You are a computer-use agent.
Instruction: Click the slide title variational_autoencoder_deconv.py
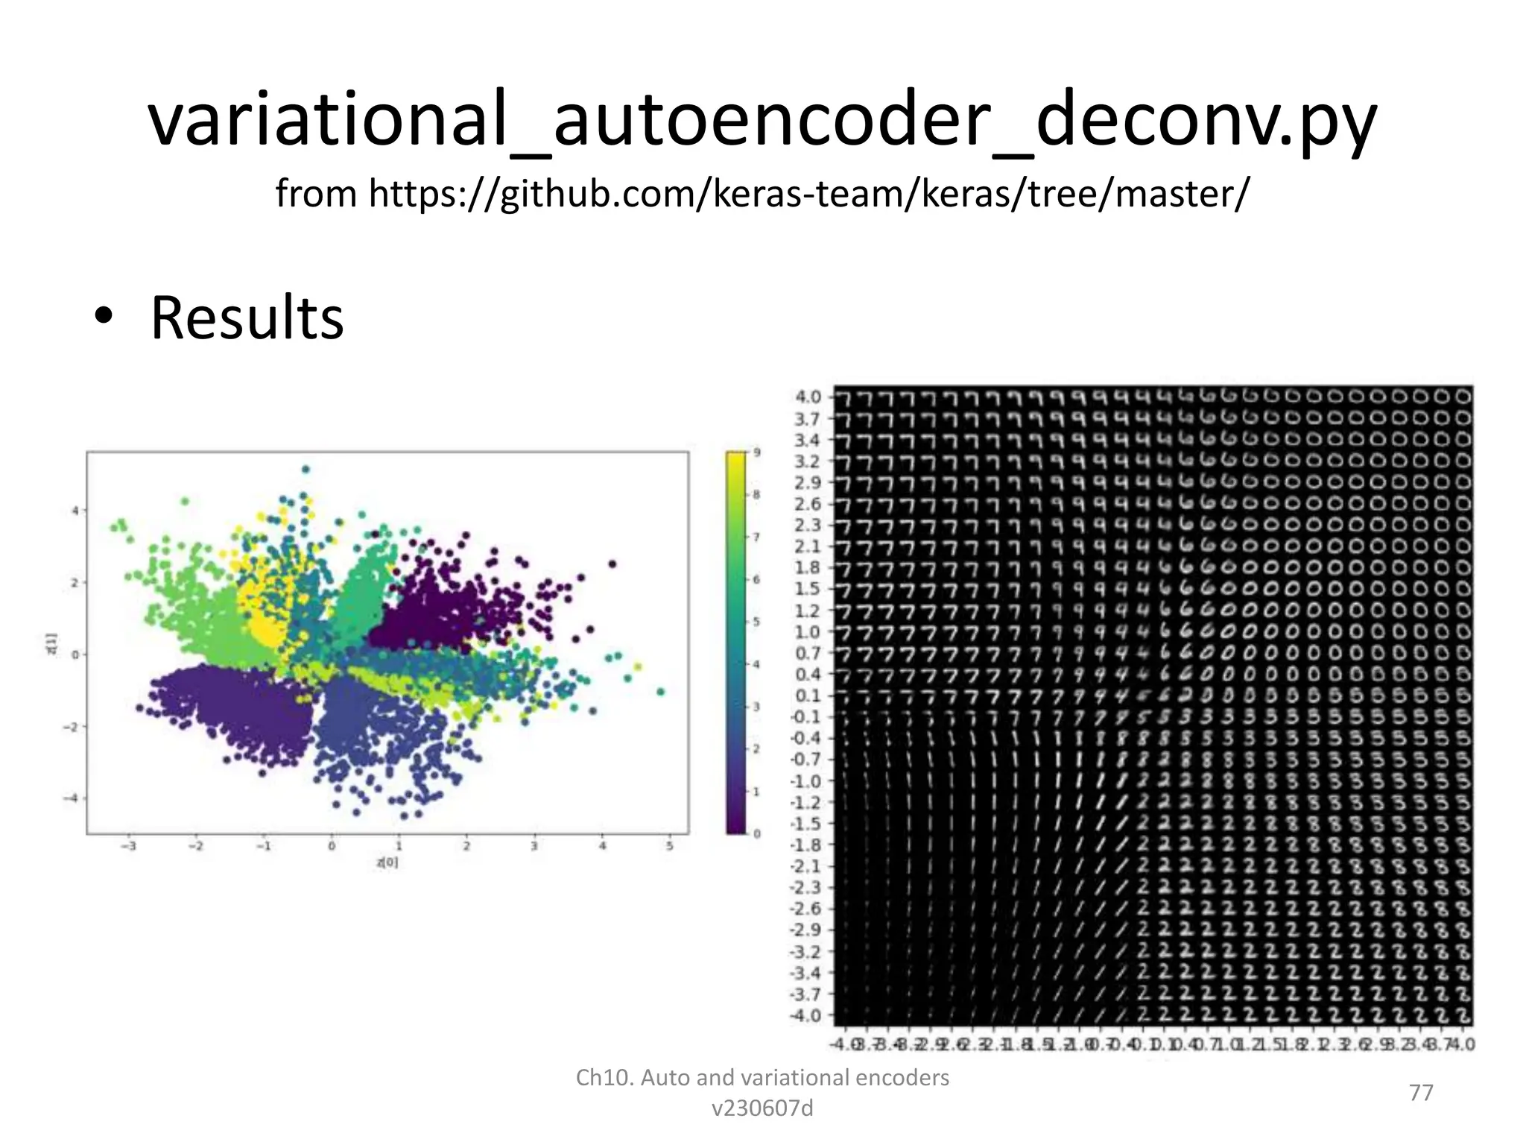click(762, 119)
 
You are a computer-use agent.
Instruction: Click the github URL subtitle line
click(762, 194)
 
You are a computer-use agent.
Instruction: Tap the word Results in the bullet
click(247, 318)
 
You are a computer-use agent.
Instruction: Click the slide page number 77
click(1421, 1092)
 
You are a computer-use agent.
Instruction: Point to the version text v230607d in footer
click(762, 1108)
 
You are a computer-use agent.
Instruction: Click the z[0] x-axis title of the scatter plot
click(387, 862)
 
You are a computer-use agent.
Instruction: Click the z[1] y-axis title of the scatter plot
click(51, 644)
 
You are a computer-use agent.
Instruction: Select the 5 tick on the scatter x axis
click(669, 846)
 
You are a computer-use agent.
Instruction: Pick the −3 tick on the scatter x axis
click(129, 846)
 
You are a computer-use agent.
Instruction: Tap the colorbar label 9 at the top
click(757, 452)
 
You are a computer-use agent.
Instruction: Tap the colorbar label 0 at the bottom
click(757, 833)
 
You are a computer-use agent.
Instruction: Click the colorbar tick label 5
click(757, 622)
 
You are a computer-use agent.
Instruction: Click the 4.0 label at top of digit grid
click(808, 397)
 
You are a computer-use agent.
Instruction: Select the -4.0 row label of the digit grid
click(806, 1015)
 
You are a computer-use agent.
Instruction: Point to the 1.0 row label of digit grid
click(808, 632)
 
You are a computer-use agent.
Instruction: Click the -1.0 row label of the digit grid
click(806, 781)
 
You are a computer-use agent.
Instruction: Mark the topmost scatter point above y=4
click(305, 470)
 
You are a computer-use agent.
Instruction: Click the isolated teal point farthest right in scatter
click(660, 692)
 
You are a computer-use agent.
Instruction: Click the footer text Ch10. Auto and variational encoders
click(762, 1077)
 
